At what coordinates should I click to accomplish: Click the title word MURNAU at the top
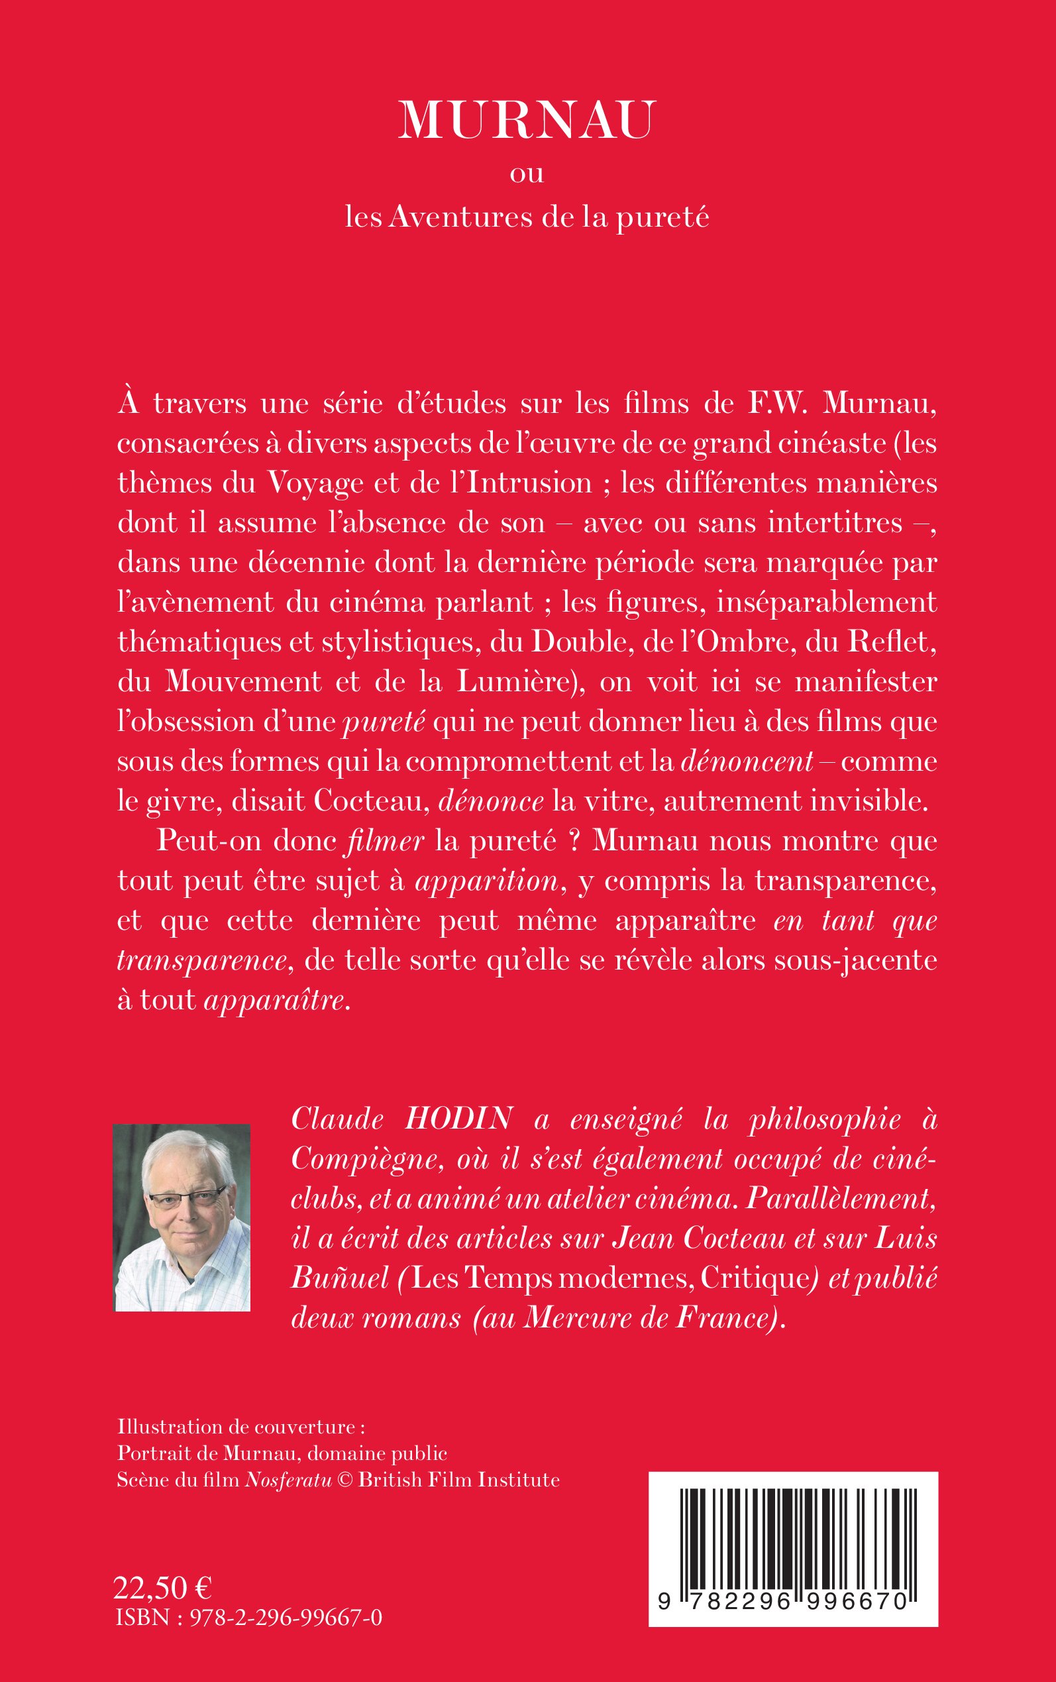[x=527, y=121]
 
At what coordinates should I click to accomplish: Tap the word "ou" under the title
[x=527, y=173]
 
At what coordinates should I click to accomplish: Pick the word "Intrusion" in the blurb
[x=529, y=482]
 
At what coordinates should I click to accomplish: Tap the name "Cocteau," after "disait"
[x=371, y=801]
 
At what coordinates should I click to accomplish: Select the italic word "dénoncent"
[x=747, y=761]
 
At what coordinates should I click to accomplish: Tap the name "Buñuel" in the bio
[x=339, y=1278]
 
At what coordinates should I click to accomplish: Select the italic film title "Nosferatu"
[x=288, y=1480]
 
